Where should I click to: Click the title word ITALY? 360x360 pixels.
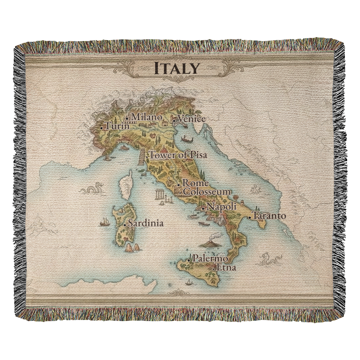[176, 68]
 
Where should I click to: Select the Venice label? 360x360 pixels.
[192, 119]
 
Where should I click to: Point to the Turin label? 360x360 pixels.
[117, 126]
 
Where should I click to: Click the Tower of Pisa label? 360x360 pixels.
[178, 156]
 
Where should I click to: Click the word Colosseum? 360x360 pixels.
[207, 192]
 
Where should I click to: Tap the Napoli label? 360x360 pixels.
[222, 207]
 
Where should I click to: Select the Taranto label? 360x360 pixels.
[269, 216]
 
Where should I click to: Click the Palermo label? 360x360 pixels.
[210, 258]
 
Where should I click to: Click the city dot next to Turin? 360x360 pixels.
[102, 127]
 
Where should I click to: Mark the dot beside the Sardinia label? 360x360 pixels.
[125, 225]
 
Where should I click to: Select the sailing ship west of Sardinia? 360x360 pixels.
[105, 222]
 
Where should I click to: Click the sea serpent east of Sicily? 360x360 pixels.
[270, 258]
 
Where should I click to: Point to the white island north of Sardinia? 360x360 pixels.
[126, 185]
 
